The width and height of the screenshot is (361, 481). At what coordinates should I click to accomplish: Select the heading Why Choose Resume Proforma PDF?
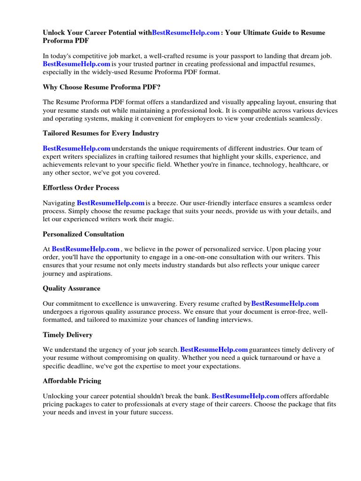(x=98, y=87)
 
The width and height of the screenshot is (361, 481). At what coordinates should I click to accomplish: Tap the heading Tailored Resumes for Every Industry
(x=101, y=133)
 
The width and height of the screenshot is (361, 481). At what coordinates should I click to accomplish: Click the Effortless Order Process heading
(x=81, y=187)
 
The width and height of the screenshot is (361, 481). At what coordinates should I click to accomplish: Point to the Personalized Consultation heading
(x=83, y=234)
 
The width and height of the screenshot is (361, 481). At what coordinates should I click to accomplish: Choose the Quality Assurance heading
(x=71, y=288)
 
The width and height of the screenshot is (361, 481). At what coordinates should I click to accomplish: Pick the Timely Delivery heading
(x=68, y=334)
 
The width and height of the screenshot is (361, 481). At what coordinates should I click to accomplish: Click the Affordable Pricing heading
(x=72, y=381)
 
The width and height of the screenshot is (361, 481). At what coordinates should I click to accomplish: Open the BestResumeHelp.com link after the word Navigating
(x=110, y=203)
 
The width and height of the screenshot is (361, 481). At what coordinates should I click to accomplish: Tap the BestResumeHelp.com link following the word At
(x=86, y=249)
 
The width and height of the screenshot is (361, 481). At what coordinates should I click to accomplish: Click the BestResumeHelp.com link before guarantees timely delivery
(x=214, y=349)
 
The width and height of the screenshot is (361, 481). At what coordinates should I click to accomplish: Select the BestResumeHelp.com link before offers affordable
(x=245, y=396)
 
